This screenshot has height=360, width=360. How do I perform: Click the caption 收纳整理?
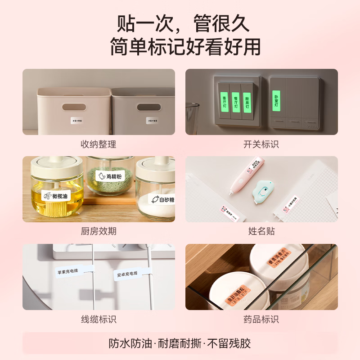(99, 144)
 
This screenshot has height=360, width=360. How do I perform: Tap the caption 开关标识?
(261, 144)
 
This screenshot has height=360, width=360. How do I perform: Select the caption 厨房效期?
(99, 231)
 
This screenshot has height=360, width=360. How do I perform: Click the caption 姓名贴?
(261, 231)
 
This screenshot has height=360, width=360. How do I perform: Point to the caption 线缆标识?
(99, 319)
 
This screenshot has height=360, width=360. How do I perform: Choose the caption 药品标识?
(261, 319)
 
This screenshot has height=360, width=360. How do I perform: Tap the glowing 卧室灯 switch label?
(276, 100)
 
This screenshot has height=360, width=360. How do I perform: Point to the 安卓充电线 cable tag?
(128, 274)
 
